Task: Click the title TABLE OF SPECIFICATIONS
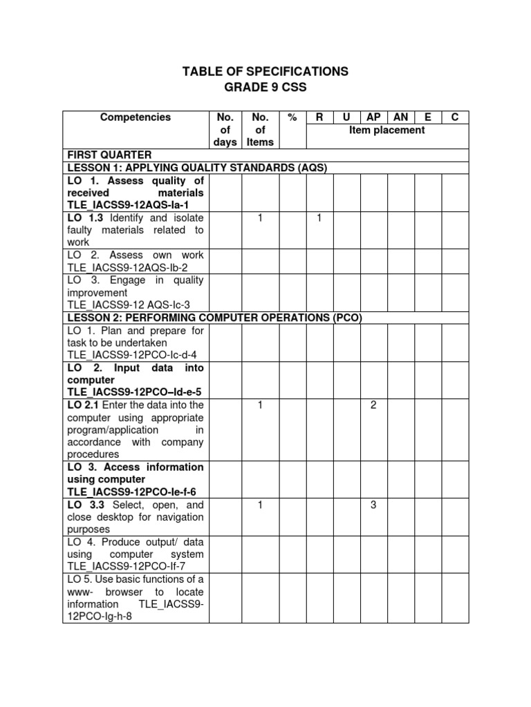coord(265,72)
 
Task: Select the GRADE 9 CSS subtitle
coord(265,88)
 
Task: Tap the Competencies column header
coord(135,117)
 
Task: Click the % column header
coord(292,117)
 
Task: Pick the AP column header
coord(373,117)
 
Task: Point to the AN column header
coord(400,117)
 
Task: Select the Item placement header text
coord(386,130)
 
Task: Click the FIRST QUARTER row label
coord(109,155)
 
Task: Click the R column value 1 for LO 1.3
coord(319,217)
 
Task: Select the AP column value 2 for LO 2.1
coord(373,405)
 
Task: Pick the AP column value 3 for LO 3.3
coord(373,505)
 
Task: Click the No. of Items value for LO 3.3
coord(260,505)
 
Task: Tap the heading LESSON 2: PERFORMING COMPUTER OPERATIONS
coord(214,318)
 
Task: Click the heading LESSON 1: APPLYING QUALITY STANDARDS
coord(196,167)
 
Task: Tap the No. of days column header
coord(224,130)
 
